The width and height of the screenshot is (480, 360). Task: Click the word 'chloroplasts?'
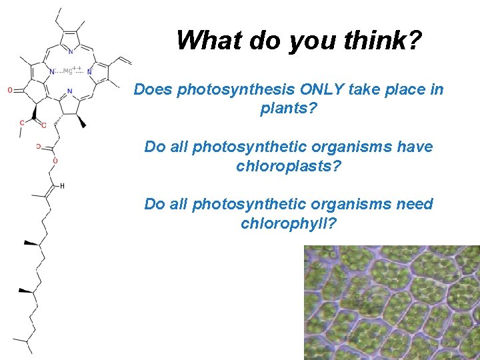pos(289,165)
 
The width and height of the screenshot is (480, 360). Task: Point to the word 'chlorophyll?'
pos(289,223)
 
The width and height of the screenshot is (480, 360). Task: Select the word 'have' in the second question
pos(414,147)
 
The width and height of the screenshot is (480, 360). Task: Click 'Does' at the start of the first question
pos(153,89)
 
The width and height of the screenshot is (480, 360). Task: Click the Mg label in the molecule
pos(67,71)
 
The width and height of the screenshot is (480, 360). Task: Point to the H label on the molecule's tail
pos(62,186)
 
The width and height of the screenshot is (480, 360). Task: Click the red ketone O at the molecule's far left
pos(10,90)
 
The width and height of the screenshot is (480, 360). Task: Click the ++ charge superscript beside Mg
pos(77,68)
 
